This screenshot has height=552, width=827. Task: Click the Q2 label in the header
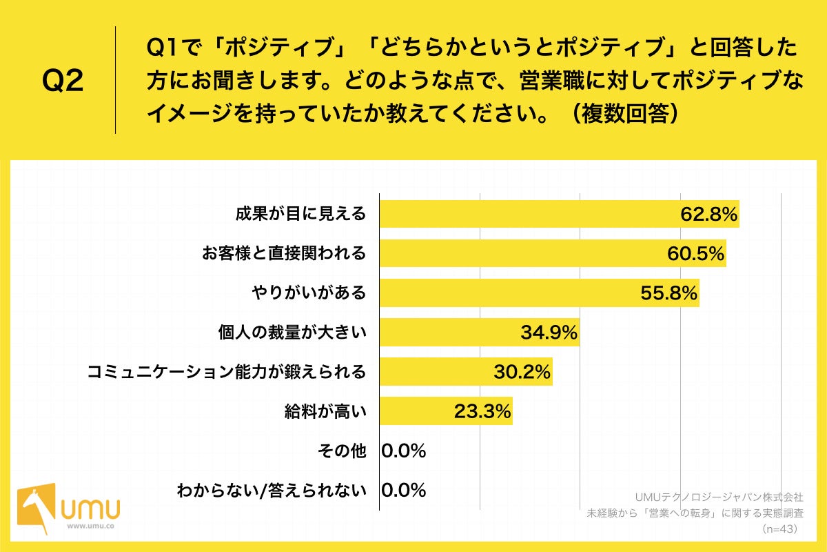coord(63,81)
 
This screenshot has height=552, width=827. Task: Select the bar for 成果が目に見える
coord(559,214)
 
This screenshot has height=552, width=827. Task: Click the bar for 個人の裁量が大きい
coord(479,333)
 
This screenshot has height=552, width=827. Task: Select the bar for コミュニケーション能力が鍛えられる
coord(466,372)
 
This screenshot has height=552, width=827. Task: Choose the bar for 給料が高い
coord(446,411)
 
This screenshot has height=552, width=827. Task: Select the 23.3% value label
coord(482,412)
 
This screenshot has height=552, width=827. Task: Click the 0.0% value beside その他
coord(404,451)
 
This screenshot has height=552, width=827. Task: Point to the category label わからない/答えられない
coord(271,491)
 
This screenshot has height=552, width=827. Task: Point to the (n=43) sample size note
coord(779,529)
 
